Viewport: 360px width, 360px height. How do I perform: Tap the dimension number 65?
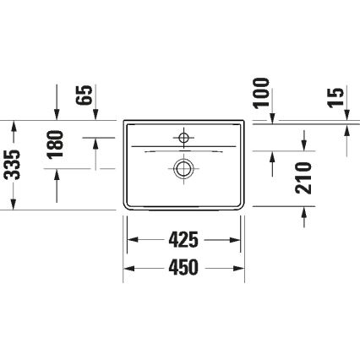point(85,93)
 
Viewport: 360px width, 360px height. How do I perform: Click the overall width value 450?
point(183,268)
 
